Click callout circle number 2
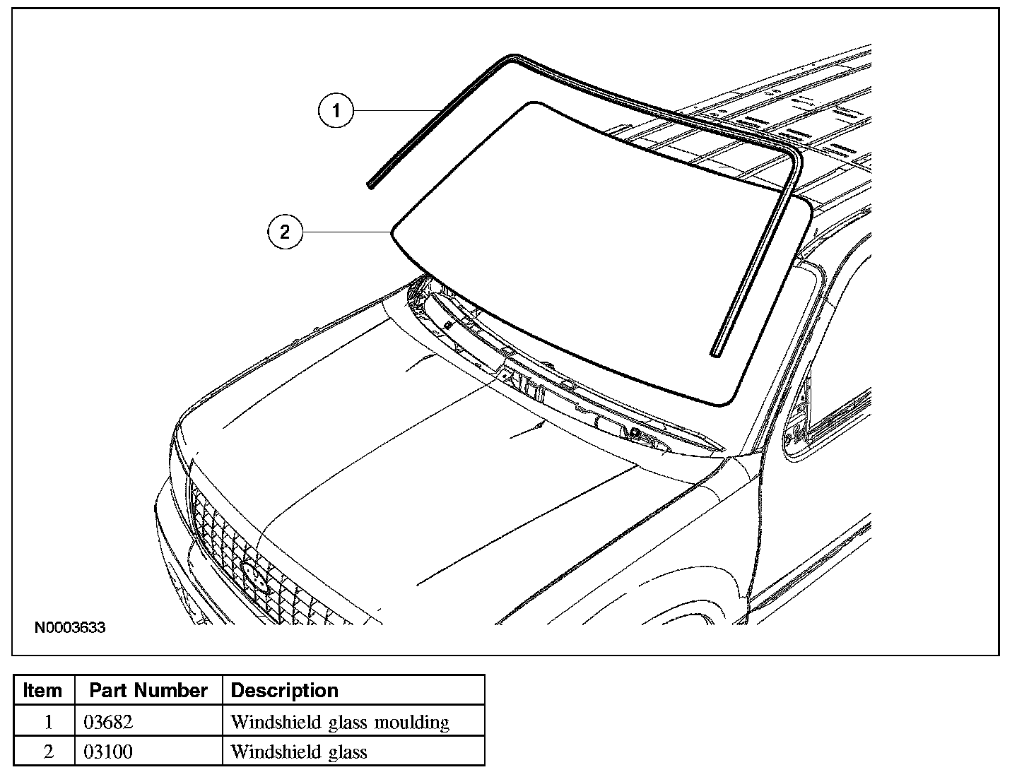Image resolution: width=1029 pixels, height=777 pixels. click(x=284, y=232)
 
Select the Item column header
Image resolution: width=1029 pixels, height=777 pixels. click(x=42, y=690)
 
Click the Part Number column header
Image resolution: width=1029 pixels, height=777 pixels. click(x=148, y=690)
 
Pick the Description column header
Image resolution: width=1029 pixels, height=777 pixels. click(x=285, y=690)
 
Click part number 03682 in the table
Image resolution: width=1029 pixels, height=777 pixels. click(x=108, y=722)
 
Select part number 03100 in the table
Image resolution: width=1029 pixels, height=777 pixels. click(x=108, y=752)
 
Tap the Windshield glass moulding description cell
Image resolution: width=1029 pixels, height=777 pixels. click(x=340, y=722)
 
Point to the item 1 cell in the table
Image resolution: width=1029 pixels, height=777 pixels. click(x=48, y=722)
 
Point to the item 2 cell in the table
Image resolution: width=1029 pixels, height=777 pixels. click(x=48, y=752)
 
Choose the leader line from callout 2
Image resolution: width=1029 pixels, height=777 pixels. click(x=346, y=232)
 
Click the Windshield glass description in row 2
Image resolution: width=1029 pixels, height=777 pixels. click(x=299, y=752)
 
